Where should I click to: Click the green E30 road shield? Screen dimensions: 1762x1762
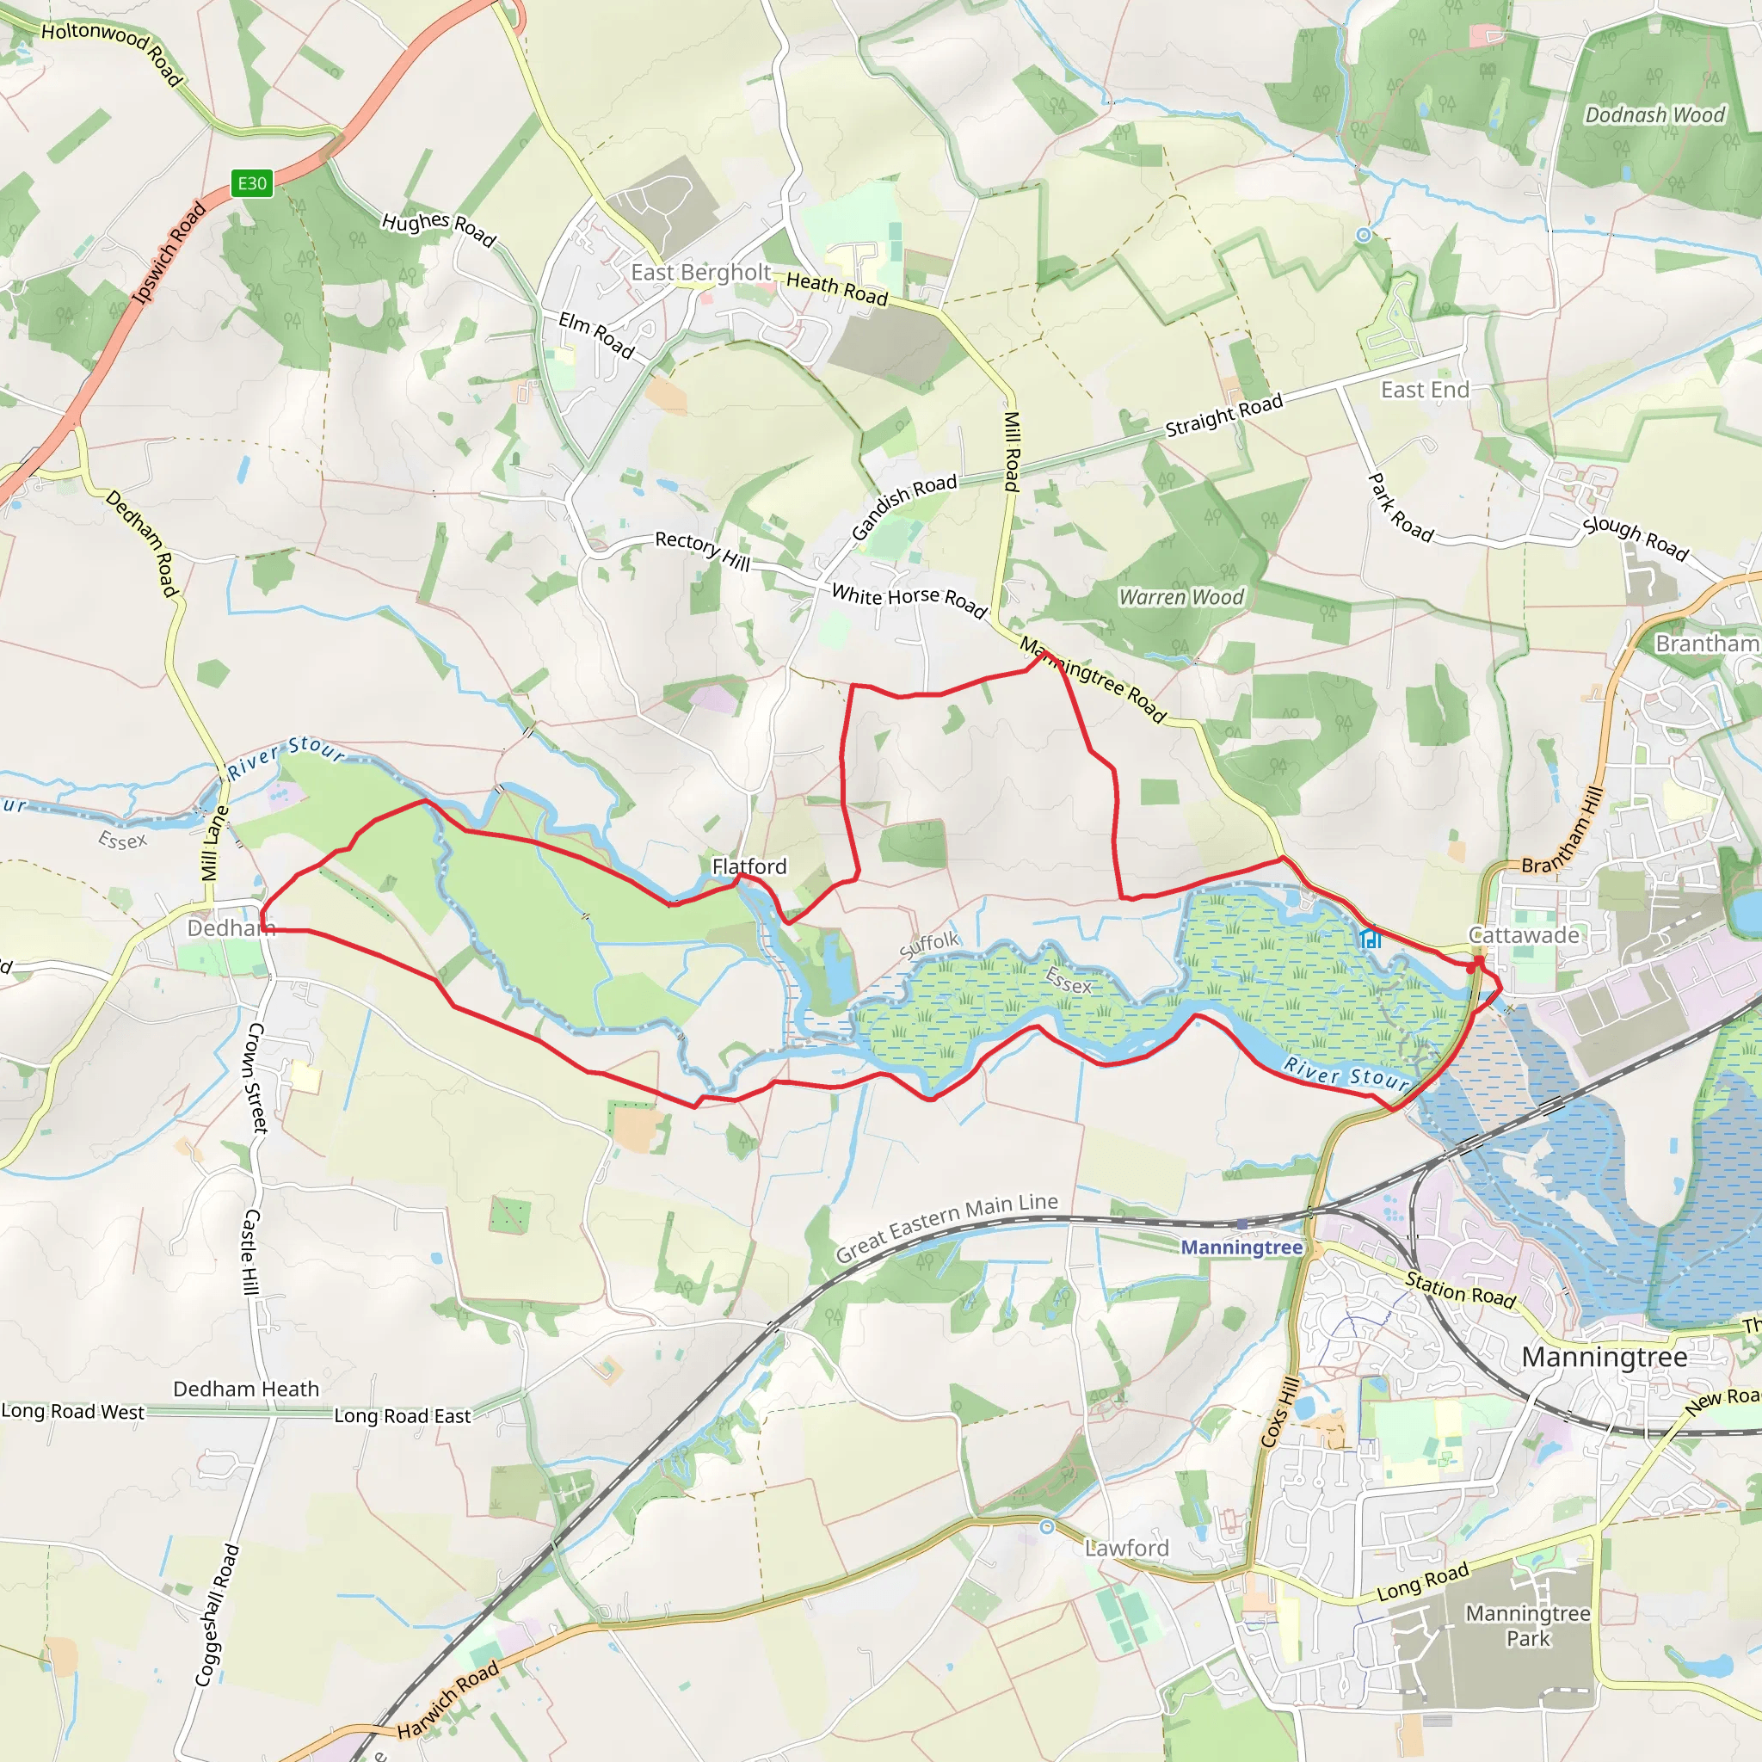click(252, 183)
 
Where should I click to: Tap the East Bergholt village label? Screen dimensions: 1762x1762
click(700, 273)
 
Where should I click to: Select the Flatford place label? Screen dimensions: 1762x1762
click(749, 866)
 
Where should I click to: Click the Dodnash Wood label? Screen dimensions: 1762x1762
click(1654, 115)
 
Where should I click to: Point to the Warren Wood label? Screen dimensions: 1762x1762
click(1181, 597)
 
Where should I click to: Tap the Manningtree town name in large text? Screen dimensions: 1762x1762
click(1605, 1356)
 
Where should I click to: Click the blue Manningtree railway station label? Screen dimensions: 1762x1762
click(1241, 1247)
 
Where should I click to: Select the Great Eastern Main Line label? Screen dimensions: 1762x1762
click(946, 1228)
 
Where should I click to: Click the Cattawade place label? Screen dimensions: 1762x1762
click(1523, 935)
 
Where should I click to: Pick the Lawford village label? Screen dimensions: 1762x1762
click(1126, 1548)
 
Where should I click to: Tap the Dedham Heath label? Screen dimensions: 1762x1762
click(246, 1388)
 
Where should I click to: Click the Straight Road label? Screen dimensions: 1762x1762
click(1224, 415)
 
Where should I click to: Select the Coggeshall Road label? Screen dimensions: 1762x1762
click(217, 1615)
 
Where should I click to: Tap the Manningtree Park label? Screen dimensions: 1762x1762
click(1528, 1625)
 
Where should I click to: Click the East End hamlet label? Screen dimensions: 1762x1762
click(1425, 391)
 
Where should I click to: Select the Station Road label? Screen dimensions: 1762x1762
click(1459, 1290)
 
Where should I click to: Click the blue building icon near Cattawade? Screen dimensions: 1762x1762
click(1369, 939)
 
